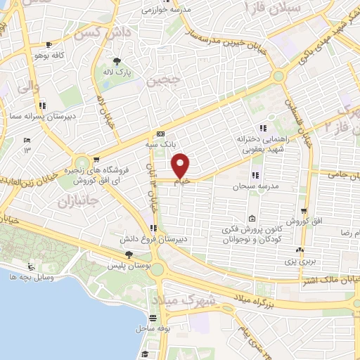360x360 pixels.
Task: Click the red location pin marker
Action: [x=181, y=165]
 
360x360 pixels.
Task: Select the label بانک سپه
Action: [x=162, y=144]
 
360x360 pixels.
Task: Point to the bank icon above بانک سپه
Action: [x=162, y=134]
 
